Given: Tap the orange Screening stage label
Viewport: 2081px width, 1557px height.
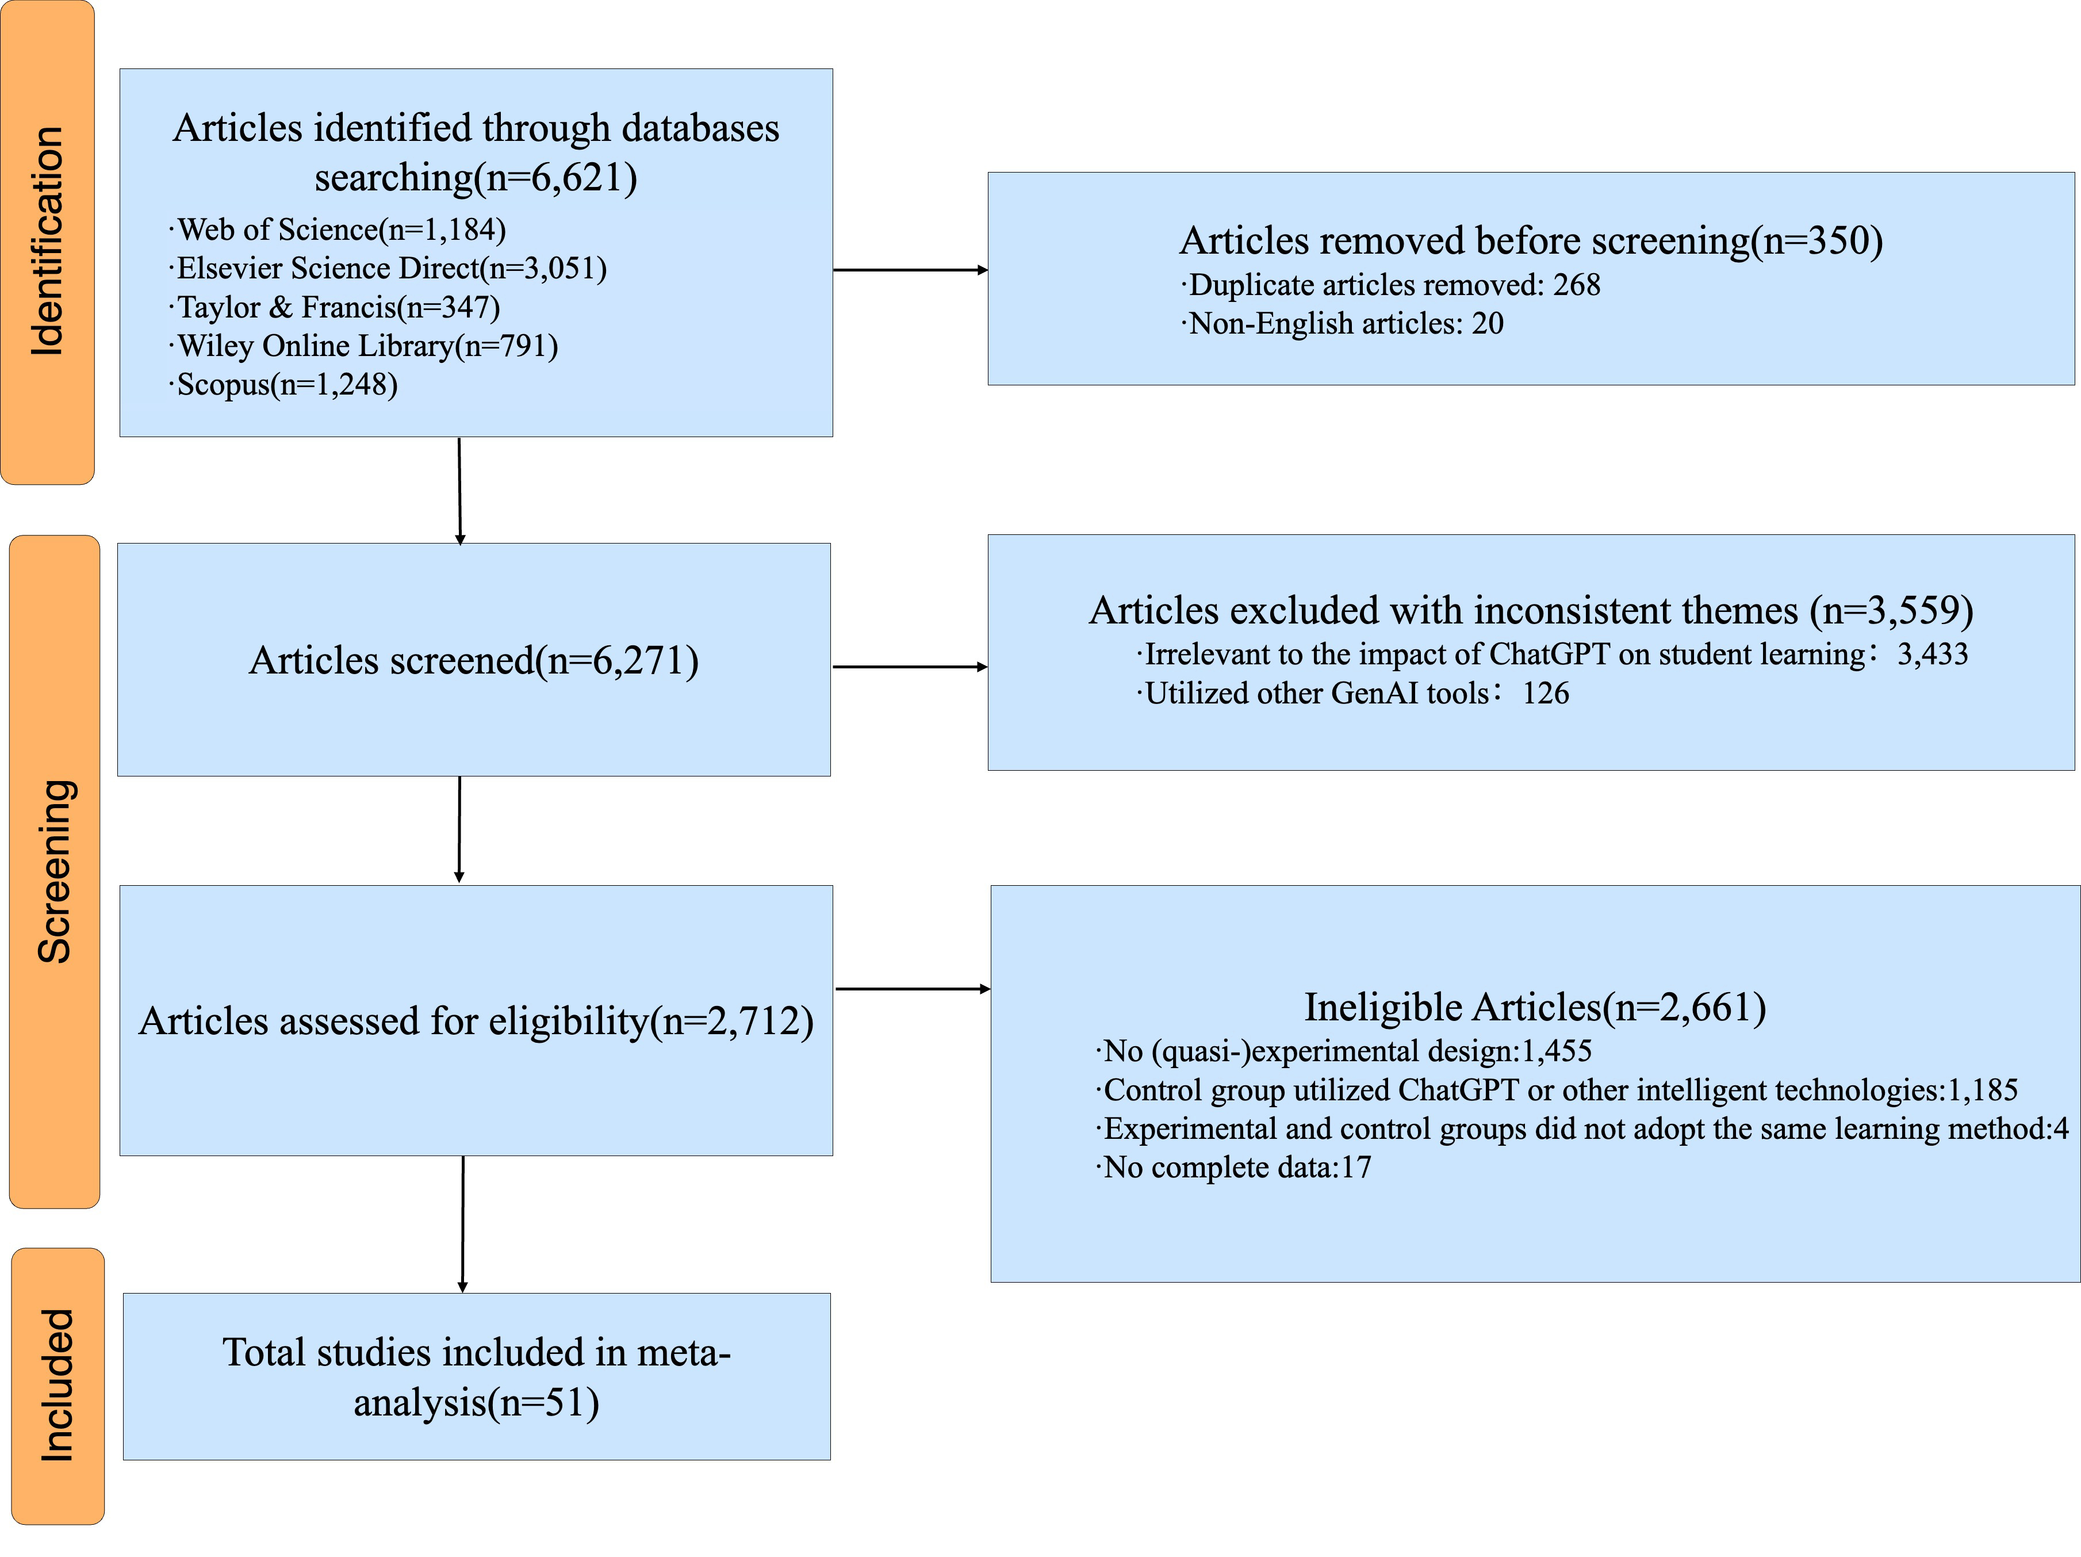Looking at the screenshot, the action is coord(53,871).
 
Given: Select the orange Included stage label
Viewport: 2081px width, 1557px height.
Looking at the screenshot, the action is coord(58,1385).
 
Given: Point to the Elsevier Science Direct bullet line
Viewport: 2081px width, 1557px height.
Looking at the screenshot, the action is coord(388,268).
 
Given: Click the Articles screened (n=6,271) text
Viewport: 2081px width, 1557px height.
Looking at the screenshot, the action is coord(474,660).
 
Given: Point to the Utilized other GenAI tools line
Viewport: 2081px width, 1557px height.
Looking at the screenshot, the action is coord(1353,693).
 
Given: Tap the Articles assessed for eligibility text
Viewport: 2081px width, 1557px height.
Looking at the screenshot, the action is coord(476,1021).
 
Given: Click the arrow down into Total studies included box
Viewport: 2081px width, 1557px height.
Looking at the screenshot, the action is coord(463,1224).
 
